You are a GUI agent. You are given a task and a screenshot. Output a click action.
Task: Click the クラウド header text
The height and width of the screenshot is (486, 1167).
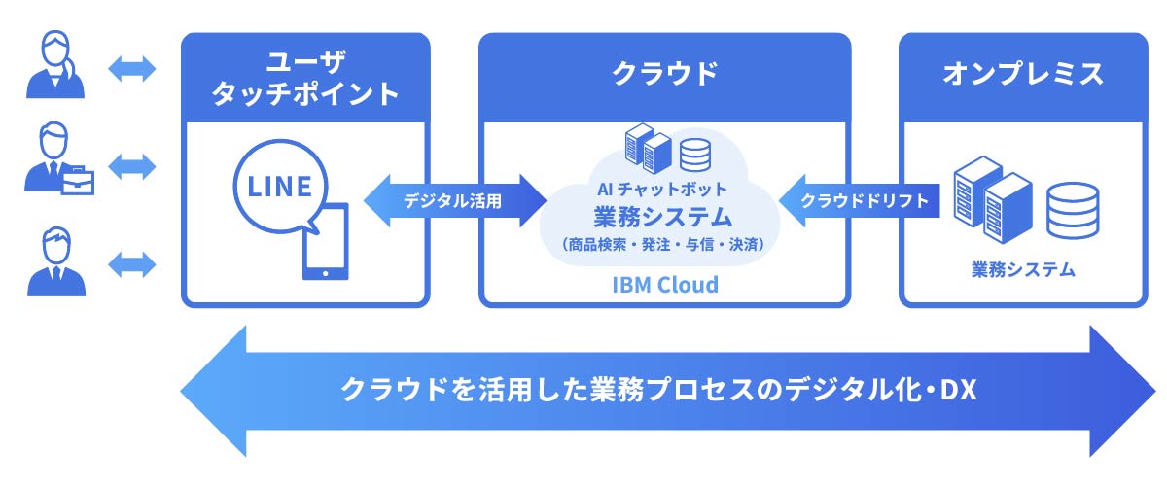665,72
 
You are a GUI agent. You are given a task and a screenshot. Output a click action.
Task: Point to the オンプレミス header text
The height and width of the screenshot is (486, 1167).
1023,72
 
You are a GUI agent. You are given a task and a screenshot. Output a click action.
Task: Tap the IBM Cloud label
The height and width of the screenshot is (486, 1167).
665,285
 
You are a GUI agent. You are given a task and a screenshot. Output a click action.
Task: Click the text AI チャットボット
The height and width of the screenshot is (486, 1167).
664,187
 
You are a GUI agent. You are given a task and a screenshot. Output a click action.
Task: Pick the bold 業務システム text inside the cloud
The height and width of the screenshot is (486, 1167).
664,214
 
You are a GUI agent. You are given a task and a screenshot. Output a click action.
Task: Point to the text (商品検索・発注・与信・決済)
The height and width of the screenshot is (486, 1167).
664,243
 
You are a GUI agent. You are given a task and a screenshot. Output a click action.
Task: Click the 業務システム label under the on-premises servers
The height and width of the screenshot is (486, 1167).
1023,269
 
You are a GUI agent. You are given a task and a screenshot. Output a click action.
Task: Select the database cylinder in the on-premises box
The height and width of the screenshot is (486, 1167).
1072,209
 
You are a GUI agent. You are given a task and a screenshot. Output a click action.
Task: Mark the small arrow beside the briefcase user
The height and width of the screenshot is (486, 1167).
132,165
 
